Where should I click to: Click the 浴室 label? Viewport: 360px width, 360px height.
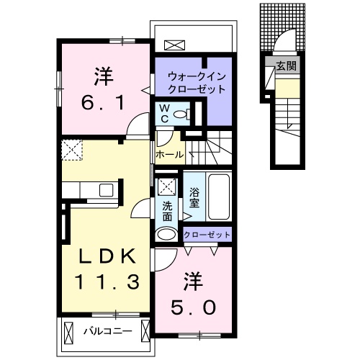point(194,197)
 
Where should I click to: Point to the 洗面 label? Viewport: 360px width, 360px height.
point(167,210)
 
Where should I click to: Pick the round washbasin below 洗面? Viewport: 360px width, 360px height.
point(166,234)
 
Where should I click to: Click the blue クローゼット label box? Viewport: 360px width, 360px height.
point(207,235)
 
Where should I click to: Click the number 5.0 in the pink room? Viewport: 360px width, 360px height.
point(192,306)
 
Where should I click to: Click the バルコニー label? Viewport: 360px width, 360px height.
point(106,332)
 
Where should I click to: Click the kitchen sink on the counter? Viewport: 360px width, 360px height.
point(106,190)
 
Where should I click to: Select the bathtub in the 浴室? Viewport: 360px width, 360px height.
point(217,198)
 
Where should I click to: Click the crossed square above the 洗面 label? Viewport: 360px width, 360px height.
point(166,186)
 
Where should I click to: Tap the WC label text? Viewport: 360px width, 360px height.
point(163,112)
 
